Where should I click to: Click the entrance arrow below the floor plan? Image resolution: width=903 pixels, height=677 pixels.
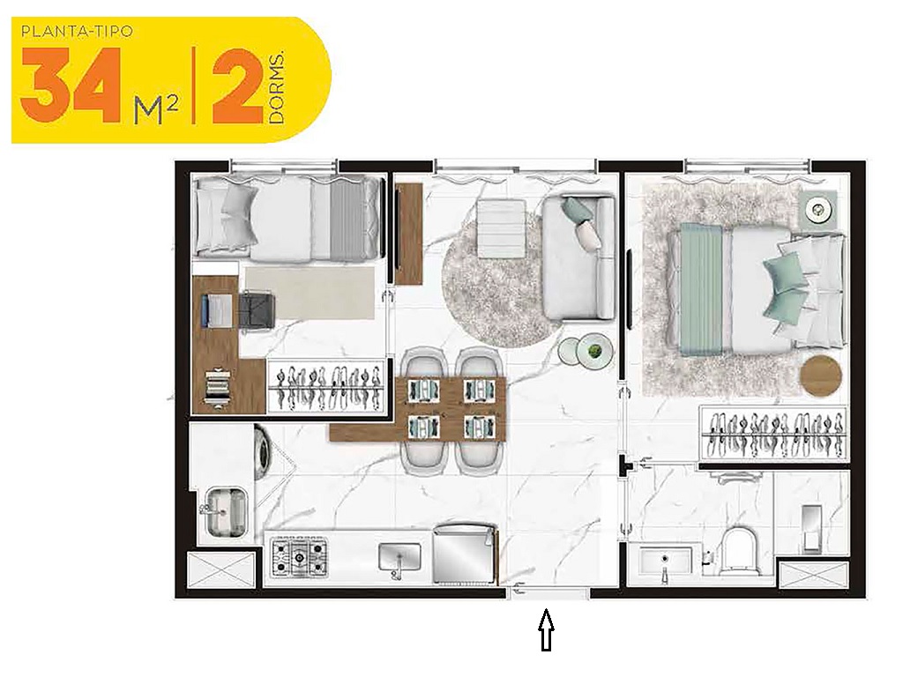pyautogui.click(x=546, y=631)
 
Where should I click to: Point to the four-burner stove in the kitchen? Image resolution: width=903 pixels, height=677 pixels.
pyautogui.click(x=298, y=557)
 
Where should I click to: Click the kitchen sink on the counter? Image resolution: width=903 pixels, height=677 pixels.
pyautogui.click(x=399, y=558)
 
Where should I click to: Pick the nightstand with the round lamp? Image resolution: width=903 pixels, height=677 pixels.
pyautogui.click(x=821, y=210)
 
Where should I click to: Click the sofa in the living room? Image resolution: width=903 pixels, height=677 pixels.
pyautogui.click(x=579, y=257)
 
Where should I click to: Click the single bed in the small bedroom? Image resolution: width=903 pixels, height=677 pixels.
pyautogui.click(x=287, y=218)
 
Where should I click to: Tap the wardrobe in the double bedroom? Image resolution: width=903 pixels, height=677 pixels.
pyautogui.click(x=774, y=435)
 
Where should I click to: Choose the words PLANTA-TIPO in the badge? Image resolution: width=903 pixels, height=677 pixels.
pyautogui.click(x=77, y=32)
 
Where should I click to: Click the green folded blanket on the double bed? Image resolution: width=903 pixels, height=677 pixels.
pyautogui.click(x=701, y=289)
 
